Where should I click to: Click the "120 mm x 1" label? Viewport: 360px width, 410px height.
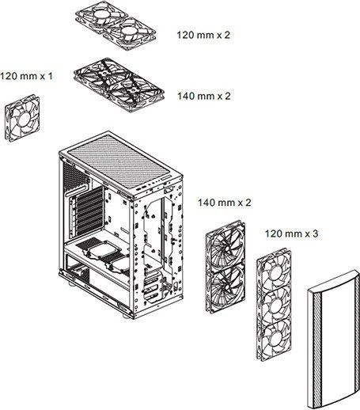tap(26, 76)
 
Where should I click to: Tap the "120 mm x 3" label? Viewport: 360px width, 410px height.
tap(291, 233)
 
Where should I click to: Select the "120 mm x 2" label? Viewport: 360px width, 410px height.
tap(203, 35)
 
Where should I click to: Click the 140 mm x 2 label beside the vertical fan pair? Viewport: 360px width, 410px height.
tap(225, 203)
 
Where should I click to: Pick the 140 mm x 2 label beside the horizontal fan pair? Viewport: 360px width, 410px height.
tap(204, 96)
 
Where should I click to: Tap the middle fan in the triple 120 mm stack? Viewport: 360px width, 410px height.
tap(275, 305)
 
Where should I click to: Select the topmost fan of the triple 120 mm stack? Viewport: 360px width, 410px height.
tap(275, 271)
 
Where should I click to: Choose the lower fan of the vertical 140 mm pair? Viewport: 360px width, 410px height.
tap(225, 289)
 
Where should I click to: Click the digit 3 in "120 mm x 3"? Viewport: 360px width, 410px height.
tap(315, 233)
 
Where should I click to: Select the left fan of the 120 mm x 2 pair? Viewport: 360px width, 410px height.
tap(100, 17)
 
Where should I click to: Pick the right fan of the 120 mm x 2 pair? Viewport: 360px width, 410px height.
tap(129, 34)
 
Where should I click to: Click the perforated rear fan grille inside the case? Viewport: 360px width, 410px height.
tap(74, 176)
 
